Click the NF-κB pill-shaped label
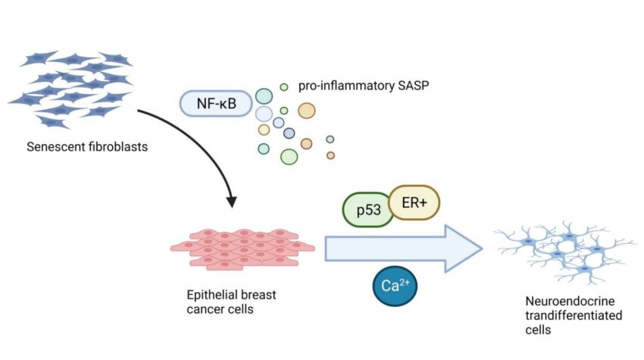(x=214, y=103)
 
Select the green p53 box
(x=367, y=210)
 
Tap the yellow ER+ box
(x=414, y=203)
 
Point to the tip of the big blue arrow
(x=481, y=247)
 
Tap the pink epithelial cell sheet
(x=242, y=247)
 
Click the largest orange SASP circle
(x=306, y=111)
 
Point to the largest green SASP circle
(x=289, y=156)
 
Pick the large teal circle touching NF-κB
(x=264, y=96)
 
